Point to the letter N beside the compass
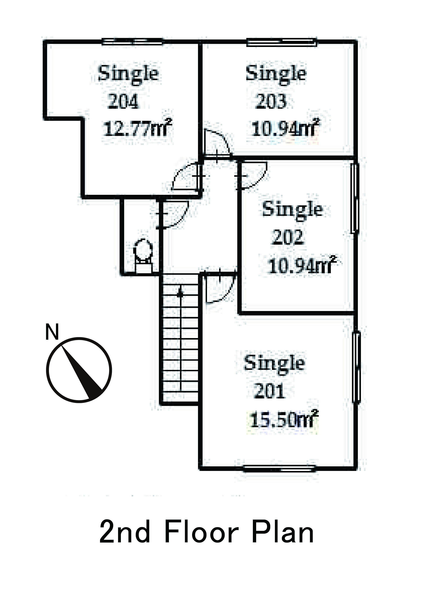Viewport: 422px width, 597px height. (x=52, y=332)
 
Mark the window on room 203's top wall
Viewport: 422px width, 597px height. (x=282, y=42)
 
